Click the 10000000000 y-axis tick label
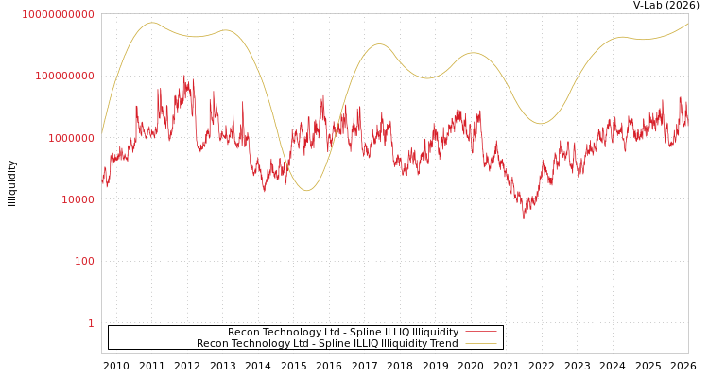pos(59,14)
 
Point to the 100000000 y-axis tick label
pos(65,76)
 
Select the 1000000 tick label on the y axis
pos(72,138)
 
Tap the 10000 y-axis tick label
pos(78,199)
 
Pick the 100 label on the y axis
pos(85,261)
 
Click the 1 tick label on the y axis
pos(91,323)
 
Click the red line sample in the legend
pos(481,333)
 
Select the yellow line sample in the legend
pos(481,344)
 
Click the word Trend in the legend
pos(444,344)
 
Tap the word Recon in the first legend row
pos(244,333)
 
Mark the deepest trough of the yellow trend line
pos(306,191)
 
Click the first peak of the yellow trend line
pos(152,23)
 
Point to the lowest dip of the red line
pos(524,217)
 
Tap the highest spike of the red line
pos(184,77)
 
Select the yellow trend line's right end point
pos(687,24)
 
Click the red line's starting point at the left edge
pos(102,177)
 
